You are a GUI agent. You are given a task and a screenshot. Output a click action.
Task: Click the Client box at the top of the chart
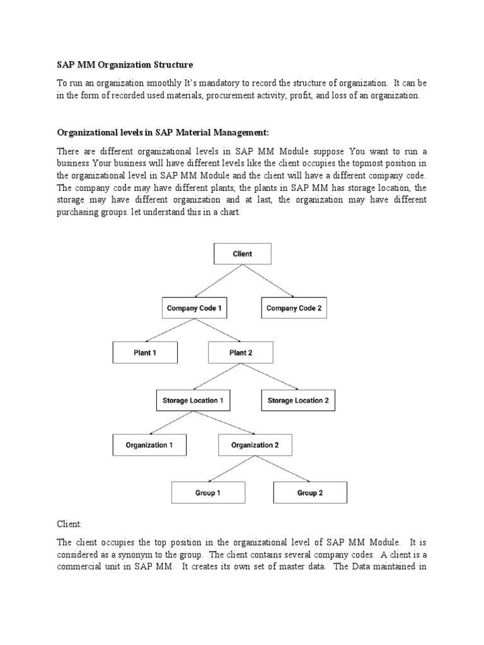242,254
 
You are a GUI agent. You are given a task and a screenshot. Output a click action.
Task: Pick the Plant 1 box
145,353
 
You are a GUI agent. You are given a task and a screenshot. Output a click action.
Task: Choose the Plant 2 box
241,353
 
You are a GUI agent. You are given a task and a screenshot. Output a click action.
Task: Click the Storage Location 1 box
193,401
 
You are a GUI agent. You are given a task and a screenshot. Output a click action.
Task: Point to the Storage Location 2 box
297,401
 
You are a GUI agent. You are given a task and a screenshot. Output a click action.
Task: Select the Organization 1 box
149,445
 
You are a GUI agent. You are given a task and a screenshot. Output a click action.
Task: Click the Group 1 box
208,493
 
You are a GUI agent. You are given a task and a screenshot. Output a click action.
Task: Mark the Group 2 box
310,493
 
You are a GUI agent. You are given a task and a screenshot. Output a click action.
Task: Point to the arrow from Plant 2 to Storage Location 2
270,377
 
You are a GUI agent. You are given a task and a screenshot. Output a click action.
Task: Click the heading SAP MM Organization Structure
125,65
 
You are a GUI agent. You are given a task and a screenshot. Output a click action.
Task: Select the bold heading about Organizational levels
163,132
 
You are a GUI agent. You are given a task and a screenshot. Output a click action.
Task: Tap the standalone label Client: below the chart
70,524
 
